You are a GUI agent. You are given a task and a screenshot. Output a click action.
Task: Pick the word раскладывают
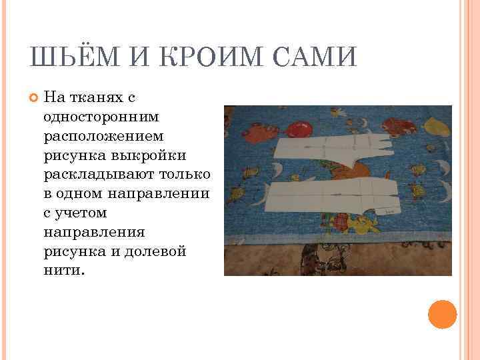tap(98, 173)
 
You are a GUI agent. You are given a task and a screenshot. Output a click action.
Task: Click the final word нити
tap(65, 271)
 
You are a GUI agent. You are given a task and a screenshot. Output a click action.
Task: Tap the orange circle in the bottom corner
tap(442, 314)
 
